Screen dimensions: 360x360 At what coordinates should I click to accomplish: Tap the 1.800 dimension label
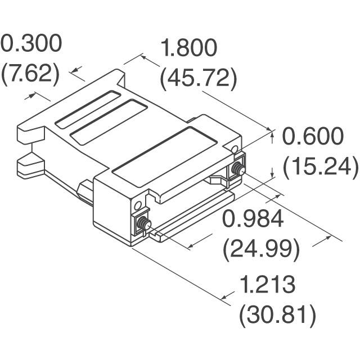point(188,49)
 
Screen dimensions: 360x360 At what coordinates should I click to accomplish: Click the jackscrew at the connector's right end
point(236,168)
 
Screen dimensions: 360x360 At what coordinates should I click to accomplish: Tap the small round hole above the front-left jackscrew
point(135,202)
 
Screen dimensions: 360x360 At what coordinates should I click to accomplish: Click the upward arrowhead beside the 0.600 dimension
point(273,133)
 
